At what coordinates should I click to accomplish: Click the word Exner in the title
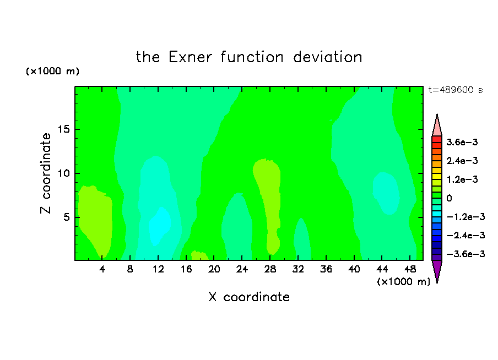(x=190, y=57)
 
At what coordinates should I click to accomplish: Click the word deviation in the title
(x=328, y=57)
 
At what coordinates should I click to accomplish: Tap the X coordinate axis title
(x=249, y=297)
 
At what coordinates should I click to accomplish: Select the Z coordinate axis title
(x=46, y=173)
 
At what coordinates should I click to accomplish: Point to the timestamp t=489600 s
(x=456, y=90)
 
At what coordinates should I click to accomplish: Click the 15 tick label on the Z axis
(x=63, y=129)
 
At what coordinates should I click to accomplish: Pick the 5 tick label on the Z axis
(x=66, y=217)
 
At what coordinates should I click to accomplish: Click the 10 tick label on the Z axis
(x=63, y=173)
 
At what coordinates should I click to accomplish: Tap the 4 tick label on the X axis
(x=102, y=269)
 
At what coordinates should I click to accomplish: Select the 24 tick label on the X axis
(x=242, y=269)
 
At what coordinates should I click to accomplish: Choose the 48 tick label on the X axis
(x=410, y=269)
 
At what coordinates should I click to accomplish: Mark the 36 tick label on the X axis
(x=326, y=269)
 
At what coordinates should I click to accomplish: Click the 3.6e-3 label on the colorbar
(x=462, y=142)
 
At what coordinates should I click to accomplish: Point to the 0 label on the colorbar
(x=449, y=198)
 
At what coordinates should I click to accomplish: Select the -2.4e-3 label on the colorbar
(x=465, y=235)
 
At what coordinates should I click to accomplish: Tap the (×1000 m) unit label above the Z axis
(x=52, y=71)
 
